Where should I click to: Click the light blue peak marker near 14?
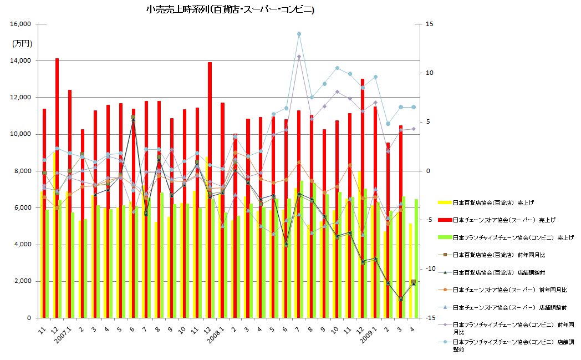click(299, 34)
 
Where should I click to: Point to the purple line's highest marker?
click(299, 57)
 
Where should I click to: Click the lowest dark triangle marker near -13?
click(401, 299)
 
